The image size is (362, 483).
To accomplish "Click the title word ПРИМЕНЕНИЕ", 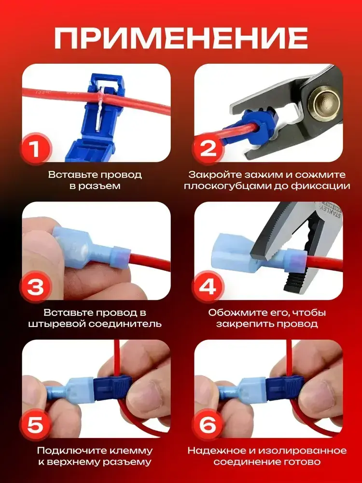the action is pyautogui.click(x=181, y=38).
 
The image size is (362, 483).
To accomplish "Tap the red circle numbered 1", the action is pyautogui.click(x=35, y=149).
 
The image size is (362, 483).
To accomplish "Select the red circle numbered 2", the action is pyautogui.click(x=208, y=149).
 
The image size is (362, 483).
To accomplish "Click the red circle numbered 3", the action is pyautogui.click(x=35, y=287).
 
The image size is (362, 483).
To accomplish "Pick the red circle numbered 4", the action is pyautogui.click(x=208, y=287).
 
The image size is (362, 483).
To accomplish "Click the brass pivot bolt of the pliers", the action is pyautogui.click(x=323, y=101).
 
